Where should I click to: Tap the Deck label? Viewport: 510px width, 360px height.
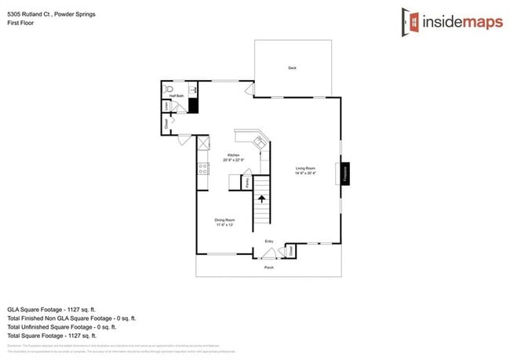pyautogui.click(x=292, y=68)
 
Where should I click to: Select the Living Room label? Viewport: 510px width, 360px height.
pyautogui.click(x=305, y=168)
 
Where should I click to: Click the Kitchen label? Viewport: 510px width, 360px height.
pyautogui.click(x=233, y=155)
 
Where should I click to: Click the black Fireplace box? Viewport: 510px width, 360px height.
pyautogui.click(x=344, y=174)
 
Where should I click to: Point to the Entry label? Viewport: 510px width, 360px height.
pyautogui.click(x=268, y=242)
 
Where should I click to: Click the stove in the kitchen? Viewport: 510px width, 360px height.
pyautogui.click(x=202, y=168)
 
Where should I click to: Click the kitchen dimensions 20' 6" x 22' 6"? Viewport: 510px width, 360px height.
pyautogui.click(x=234, y=161)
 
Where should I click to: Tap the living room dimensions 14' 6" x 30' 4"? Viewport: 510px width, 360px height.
pyautogui.click(x=305, y=173)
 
